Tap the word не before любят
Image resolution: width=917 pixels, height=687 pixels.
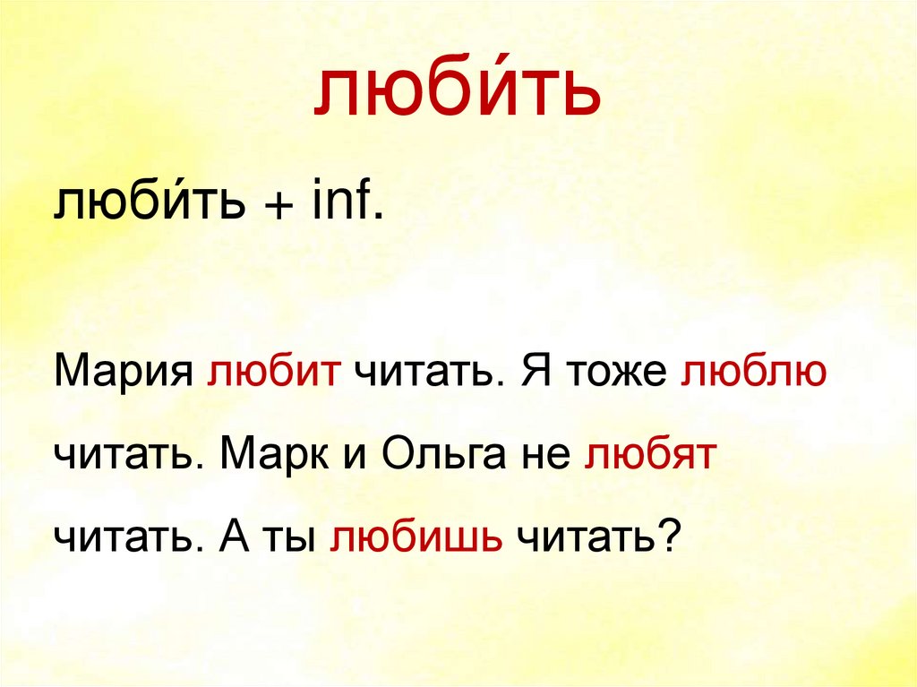pos(538,458)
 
